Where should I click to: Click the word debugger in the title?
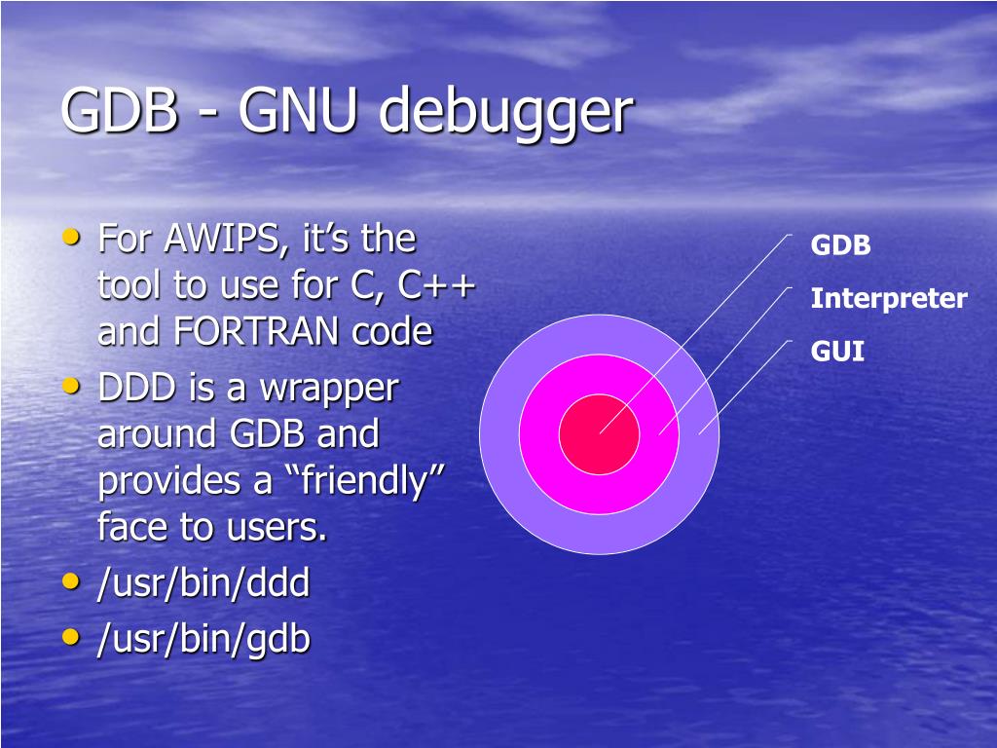pos(505,112)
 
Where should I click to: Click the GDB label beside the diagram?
pos(840,245)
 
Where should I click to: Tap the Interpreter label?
pos(888,298)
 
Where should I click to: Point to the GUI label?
pos(837,351)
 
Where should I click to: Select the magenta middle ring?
pos(545,467)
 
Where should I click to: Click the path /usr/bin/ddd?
pos(203,584)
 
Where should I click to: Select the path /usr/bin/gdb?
pos(203,639)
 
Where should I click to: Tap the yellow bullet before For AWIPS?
pos(71,237)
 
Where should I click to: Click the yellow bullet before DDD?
pos(71,387)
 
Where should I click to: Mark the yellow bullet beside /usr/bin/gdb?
pos(71,637)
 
